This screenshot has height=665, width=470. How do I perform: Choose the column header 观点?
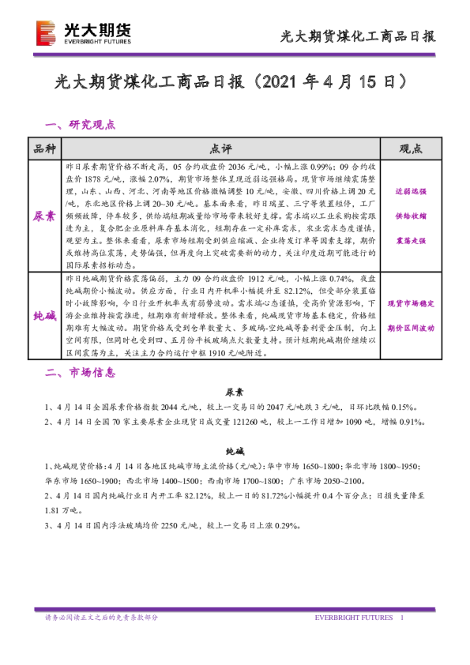[410, 148]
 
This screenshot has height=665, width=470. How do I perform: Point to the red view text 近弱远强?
[410, 191]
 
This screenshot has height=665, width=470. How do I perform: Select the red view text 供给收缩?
[410, 216]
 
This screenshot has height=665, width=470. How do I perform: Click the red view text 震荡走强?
[410, 240]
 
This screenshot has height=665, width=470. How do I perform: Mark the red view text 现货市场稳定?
[410, 302]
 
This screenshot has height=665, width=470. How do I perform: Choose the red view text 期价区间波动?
[410, 326]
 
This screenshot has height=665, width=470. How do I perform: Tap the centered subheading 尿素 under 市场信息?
[235, 392]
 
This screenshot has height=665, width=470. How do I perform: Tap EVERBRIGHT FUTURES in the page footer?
[354, 617]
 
